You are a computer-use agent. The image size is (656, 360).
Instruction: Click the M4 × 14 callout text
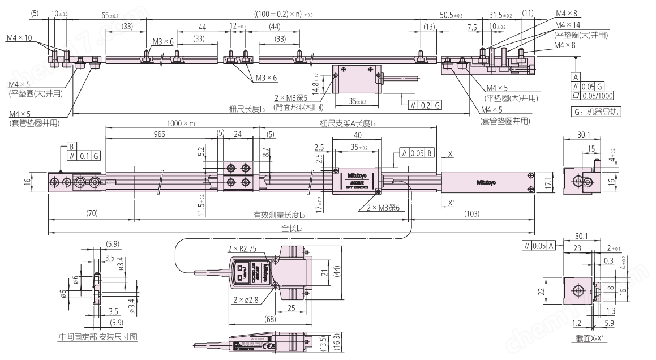(568, 25)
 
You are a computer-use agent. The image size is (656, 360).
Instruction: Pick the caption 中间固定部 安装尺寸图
(98, 337)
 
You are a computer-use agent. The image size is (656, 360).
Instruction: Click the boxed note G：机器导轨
(595, 112)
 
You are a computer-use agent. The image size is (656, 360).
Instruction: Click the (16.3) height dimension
(336, 343)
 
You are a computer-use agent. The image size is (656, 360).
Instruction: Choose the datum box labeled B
(71, 145)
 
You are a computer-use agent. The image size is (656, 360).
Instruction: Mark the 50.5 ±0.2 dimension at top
(451, 15)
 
